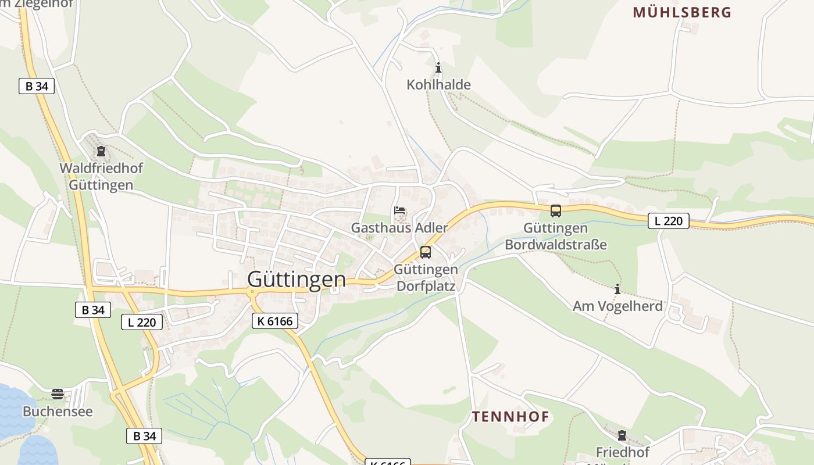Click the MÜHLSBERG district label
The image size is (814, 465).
pyautogui.click(x=682, y=12)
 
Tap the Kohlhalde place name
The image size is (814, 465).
pyautogui.click(x=438, y=85)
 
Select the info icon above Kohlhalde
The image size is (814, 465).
pyautogui.click(x=438, y=67)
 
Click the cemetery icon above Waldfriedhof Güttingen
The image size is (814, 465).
pyautogui.click(x=101, y=152)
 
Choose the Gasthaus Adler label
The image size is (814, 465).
pyautogui.click(x=399, y=228)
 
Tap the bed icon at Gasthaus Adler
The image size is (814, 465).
pyautogui.click(x=399, y=210)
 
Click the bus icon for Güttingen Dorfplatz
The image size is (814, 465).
pyautogui.click(x=426, y=252)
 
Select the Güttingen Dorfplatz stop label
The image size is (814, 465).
pyautogui.click(x=426, y=278)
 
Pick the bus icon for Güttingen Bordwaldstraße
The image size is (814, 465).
pyautogui.click(x=556, y=211)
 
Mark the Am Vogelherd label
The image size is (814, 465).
pyautogui.click(x=617, y=306)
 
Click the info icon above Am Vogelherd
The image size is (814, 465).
pyautogui.click(x=617, y=289)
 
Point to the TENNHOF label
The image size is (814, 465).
pyautogui.click(x=510, y=416)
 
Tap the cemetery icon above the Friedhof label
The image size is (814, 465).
pyautogui.click(x=622, y=435)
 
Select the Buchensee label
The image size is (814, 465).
pyautogui.click(x=58, y=412)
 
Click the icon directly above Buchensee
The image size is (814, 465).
pyautogui.click(x=58, y=394)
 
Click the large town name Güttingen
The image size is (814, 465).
pyautogui.click(x=297, y=280)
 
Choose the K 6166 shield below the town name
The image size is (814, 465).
pyautogui.click(x=275, y=320)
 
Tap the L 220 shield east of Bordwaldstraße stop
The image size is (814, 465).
pyautogui.click(x=669, y=221)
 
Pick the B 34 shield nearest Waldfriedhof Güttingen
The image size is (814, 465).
pyautogui.click(x=37, y=86)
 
